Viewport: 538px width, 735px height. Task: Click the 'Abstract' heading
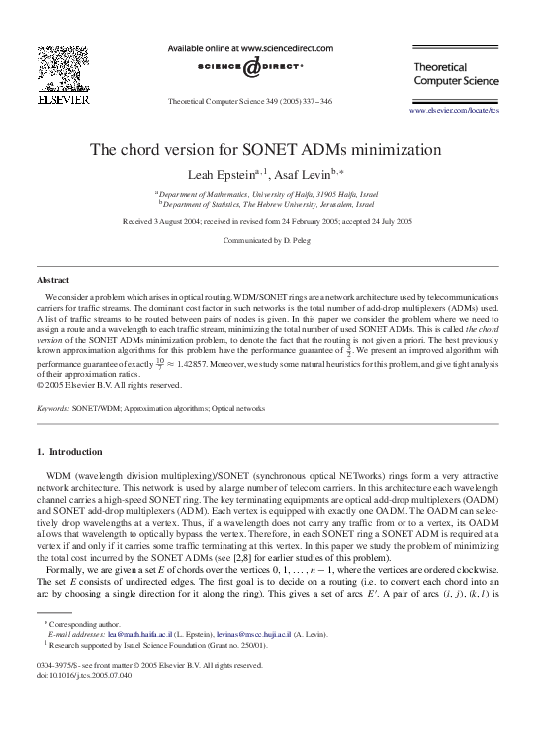[52, 281]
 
